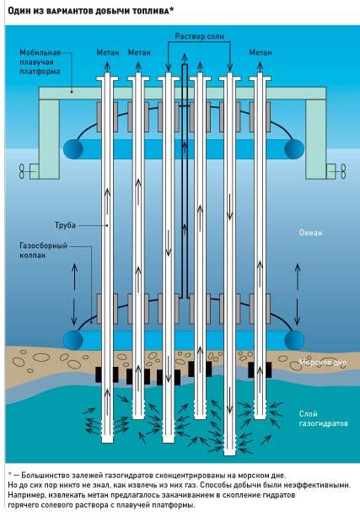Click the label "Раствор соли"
199,36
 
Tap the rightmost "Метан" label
261,52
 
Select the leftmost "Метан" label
108,52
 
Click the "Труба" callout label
65,225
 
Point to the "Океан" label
310,233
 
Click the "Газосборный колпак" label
43,250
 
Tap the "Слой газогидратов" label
324,418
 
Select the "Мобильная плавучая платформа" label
40,62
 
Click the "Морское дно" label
323,363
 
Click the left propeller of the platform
22,171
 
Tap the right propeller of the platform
343,171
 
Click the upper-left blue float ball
73,148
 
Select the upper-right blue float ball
294,148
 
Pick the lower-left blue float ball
73,340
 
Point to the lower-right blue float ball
294,340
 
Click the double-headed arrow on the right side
298,294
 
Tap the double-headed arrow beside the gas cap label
74,294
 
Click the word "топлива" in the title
152,11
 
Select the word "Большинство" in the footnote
43,476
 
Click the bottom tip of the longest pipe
229,455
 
